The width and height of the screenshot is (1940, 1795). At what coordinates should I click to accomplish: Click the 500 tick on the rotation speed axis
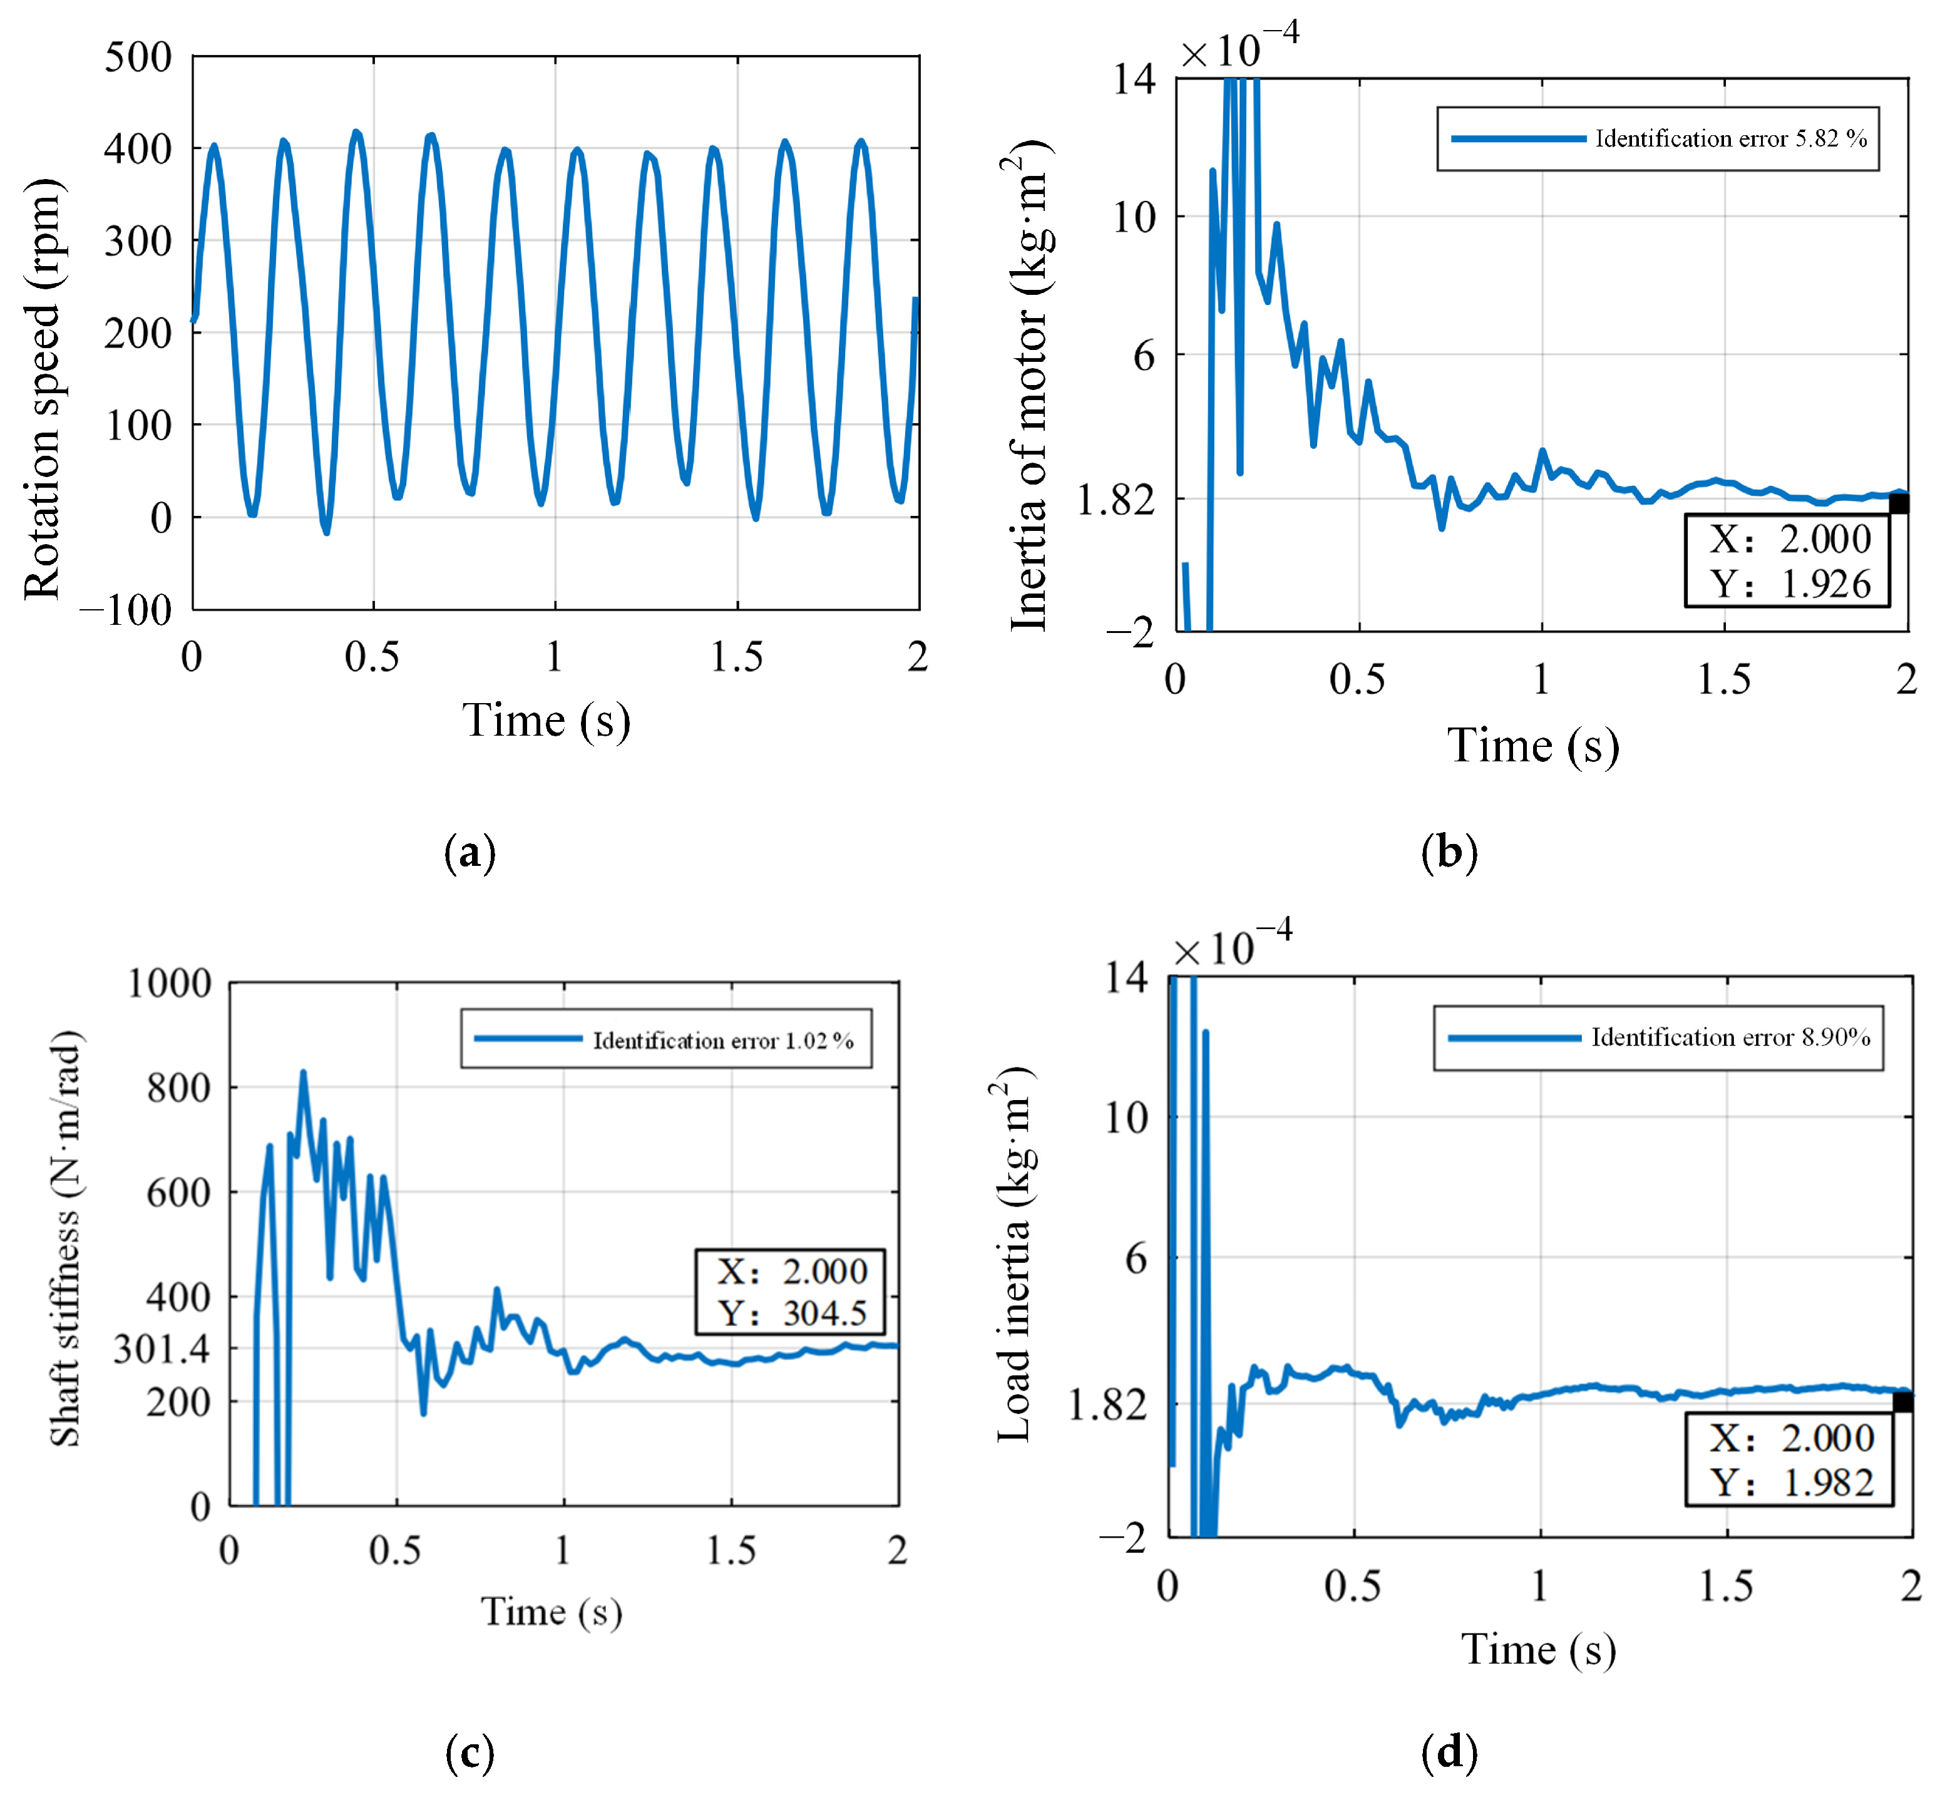138,58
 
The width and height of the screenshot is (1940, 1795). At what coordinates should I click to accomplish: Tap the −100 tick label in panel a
126,610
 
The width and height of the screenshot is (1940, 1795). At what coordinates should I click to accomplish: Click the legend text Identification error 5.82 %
1730,139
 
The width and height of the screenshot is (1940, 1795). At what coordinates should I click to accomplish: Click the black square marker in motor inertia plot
1898,504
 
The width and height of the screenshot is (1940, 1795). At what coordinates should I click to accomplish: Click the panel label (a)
470,852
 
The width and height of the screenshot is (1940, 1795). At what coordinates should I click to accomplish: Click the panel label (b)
1449,852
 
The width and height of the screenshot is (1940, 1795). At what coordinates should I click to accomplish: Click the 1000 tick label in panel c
170,983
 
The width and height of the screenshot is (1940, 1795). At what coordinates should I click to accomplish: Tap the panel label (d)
1449,1752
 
